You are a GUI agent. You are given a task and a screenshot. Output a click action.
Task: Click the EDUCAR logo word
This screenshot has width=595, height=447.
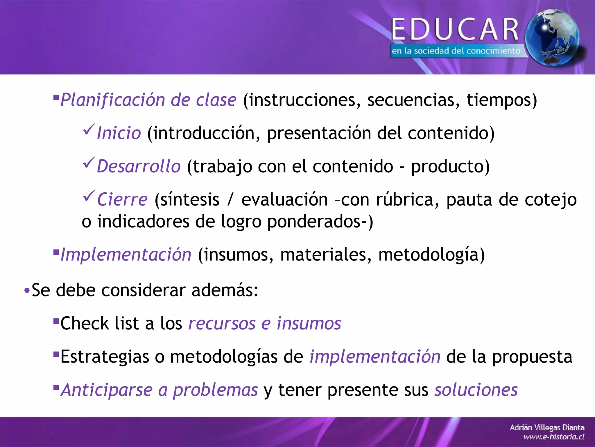(455, 29)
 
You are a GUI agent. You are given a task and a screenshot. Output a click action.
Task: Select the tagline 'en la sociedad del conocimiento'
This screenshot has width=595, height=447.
(456, 51)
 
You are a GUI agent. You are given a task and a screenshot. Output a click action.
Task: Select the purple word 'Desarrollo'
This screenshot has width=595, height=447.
(139, 166)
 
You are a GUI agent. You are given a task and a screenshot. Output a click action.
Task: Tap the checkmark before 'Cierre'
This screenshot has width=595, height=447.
(89, 196)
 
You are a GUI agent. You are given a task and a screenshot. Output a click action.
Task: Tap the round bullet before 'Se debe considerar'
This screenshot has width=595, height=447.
(27, 290)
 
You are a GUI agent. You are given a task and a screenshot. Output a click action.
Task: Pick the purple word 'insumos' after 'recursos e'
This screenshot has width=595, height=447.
(309, 323)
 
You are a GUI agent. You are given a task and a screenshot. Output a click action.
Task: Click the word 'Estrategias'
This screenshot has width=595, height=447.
(105, 357)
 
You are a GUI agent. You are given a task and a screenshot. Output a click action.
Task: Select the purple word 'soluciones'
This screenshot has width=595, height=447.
(476, 390)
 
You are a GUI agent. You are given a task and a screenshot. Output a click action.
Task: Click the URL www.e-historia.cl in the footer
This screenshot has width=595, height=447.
(554, 437)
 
